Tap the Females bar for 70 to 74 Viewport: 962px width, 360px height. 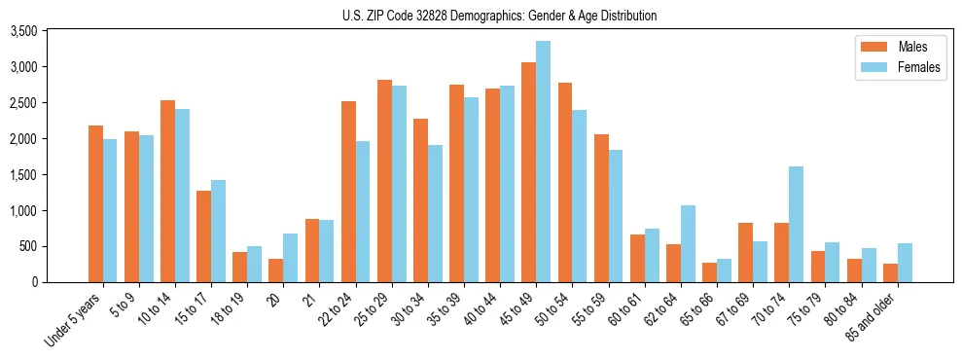[x=797, y=224]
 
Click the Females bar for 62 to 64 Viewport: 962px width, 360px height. [x=689, y=243]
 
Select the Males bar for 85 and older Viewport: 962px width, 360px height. [x=890, y=272]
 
